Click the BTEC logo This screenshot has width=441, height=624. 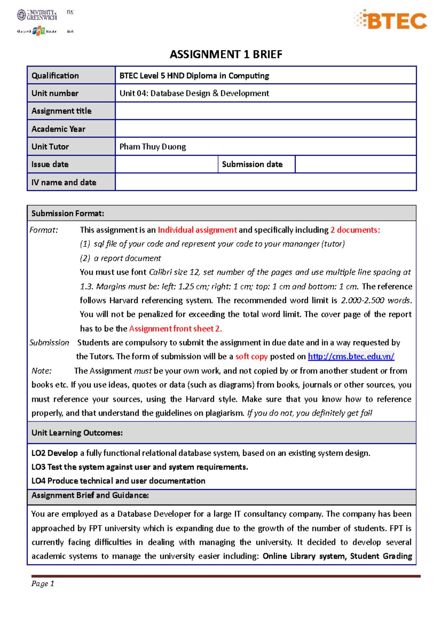[391, 20]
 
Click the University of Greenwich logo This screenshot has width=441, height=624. [37, 15]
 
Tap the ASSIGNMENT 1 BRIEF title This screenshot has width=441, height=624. [226, 54]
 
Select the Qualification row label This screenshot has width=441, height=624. [55, 76]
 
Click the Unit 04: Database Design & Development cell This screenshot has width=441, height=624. [194, 93]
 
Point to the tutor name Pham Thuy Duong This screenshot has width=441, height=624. [153, 147]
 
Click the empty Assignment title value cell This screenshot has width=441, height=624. [265, 111]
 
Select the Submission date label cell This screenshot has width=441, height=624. [252, 164]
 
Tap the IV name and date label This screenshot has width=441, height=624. [64, 182]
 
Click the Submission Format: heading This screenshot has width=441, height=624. [68, 214]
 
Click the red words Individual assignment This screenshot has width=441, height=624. [197, 230]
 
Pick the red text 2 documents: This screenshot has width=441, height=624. [355, 230]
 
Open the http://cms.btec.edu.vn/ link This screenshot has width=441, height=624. [351, 356]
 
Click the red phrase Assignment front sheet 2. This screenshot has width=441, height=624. [175, 329]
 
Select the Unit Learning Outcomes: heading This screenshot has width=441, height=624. [77, 433]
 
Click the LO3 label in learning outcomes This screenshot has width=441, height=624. [38, 467]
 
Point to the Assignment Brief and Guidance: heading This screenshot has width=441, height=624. [90, 495]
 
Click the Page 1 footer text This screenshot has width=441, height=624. [43, 584]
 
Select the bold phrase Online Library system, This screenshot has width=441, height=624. [305, 556]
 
